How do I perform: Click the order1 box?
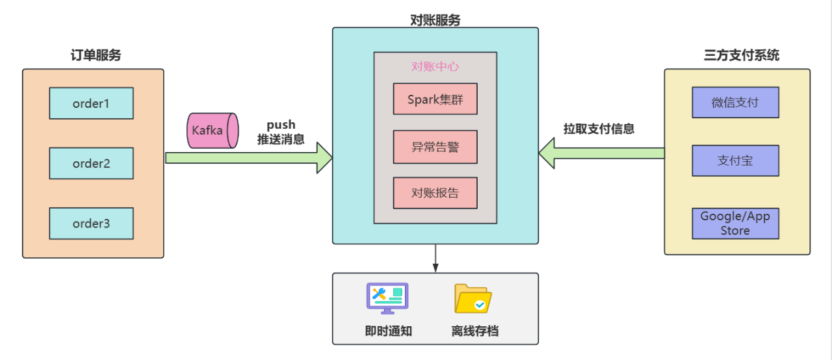[91, 103]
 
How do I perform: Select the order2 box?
[91, 163]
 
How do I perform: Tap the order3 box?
[91, 224]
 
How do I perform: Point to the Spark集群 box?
[435, 99]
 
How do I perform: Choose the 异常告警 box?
[435, 146]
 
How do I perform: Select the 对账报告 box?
[435, 193]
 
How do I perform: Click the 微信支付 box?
[735, 103]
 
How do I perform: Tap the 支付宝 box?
[735, 161]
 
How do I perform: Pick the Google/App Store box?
[735, 224]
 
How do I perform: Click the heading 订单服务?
[96, 55]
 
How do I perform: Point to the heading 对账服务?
[435, 20]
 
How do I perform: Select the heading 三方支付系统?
[742, 55]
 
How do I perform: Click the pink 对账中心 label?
[435, 66]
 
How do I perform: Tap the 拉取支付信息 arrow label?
[599, 129]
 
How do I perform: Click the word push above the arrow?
[281, 124]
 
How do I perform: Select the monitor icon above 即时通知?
[387, 299]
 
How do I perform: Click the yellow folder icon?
[473, 299]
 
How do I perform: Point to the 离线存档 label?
[474, 331]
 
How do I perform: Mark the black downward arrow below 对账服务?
[435, 258]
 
